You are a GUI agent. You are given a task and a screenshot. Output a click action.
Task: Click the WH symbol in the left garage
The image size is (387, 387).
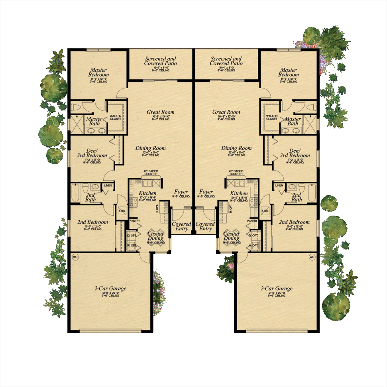[x=75, y=257]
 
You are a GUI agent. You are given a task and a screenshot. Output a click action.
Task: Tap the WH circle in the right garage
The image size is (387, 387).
[x=312, y=257]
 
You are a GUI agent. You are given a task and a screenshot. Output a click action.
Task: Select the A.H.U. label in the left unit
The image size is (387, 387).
[x=122, y=211]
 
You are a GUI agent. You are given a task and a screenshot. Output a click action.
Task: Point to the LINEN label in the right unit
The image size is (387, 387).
[x=279, y=186]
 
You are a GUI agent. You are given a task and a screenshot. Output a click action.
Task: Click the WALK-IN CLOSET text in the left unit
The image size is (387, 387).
[x=116, y=117]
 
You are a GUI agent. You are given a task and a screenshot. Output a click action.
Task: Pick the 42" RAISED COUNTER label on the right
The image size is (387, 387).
[x=236, y=173]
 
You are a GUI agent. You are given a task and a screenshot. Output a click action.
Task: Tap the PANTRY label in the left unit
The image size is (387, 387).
[x=134, y=221]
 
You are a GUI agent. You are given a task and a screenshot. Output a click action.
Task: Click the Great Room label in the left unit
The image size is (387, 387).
[x=160, y=112]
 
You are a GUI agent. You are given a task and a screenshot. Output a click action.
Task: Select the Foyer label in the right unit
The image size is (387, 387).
[x=206, y=192]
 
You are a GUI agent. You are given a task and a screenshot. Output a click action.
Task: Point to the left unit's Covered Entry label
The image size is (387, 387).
[x=181, y=226]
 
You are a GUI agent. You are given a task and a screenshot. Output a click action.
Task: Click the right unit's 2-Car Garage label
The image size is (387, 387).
[x=276, y=289]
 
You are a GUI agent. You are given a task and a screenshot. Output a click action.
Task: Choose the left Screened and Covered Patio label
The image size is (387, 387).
[x=161, y=61]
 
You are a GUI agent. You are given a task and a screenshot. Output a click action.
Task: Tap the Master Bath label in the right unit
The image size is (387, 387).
[x=293, y=121]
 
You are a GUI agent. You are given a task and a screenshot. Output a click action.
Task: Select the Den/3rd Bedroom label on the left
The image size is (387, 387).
[x=93, y=153]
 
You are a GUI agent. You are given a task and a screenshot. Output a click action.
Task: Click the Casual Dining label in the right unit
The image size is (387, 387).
[x=231, y=236]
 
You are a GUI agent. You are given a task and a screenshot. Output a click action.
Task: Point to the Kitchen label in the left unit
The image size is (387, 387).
[x=147, y=193]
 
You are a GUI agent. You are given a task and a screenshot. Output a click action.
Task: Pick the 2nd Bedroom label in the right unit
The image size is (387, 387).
[x=294, y=222]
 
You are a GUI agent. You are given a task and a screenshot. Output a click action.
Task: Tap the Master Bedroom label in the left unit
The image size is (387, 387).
[x=98, y=72]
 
